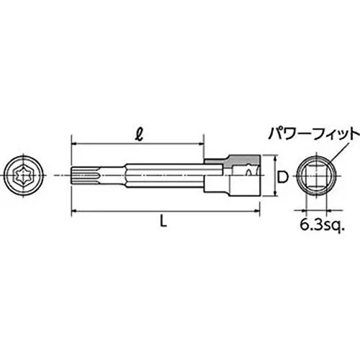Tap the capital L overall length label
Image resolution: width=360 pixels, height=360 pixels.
pos(164,223)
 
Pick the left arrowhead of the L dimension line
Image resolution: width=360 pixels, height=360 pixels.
pos(74,211)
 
